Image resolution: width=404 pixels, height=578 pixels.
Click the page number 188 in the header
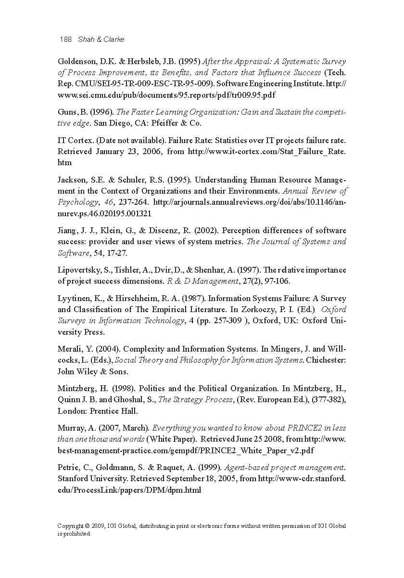(65, 39)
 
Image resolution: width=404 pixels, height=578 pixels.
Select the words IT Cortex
(72, 141)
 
